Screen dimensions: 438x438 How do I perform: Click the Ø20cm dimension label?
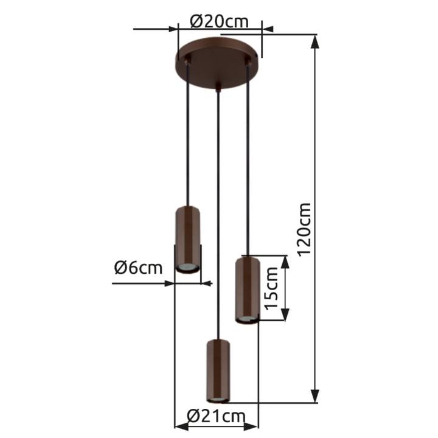(219, 22)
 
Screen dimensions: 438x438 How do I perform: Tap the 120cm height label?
(304, 229)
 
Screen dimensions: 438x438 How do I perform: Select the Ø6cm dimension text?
(138, 268)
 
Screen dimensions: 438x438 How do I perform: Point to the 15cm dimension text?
(271, 288)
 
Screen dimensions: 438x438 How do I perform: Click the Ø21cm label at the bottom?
(216, 417)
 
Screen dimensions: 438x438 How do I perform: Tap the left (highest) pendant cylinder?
(187, 240)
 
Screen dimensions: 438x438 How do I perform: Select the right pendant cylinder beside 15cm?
(247, 291)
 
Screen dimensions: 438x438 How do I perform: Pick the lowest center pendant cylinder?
(218, 371)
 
